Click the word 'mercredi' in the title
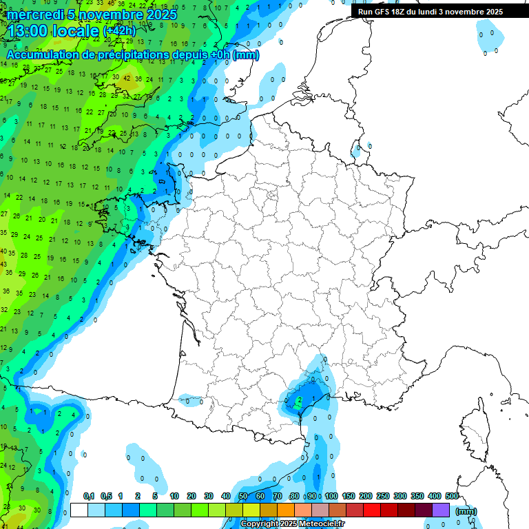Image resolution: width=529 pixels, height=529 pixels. pyautogui.click(x=34, y=14)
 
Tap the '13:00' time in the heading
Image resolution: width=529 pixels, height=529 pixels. pyautogui.click(x=28, y=31)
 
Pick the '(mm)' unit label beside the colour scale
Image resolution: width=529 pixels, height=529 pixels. pyautogui.click(x=466, y=511)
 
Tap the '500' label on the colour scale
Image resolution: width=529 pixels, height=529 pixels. pyautogui.click(x=451, y=497)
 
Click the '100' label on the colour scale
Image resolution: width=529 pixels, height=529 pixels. pyautogui.click(x=331, y=497)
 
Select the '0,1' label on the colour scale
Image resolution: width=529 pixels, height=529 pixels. pyautogui.click(x=89, y=497)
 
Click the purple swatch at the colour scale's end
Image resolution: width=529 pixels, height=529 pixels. pyautogui.click(x=441, y=510)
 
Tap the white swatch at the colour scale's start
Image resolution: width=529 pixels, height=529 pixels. pyautogui.click(x=79, y=510)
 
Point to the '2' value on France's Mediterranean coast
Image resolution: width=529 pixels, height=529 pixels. pyautogui.click(x=299, y=400)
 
